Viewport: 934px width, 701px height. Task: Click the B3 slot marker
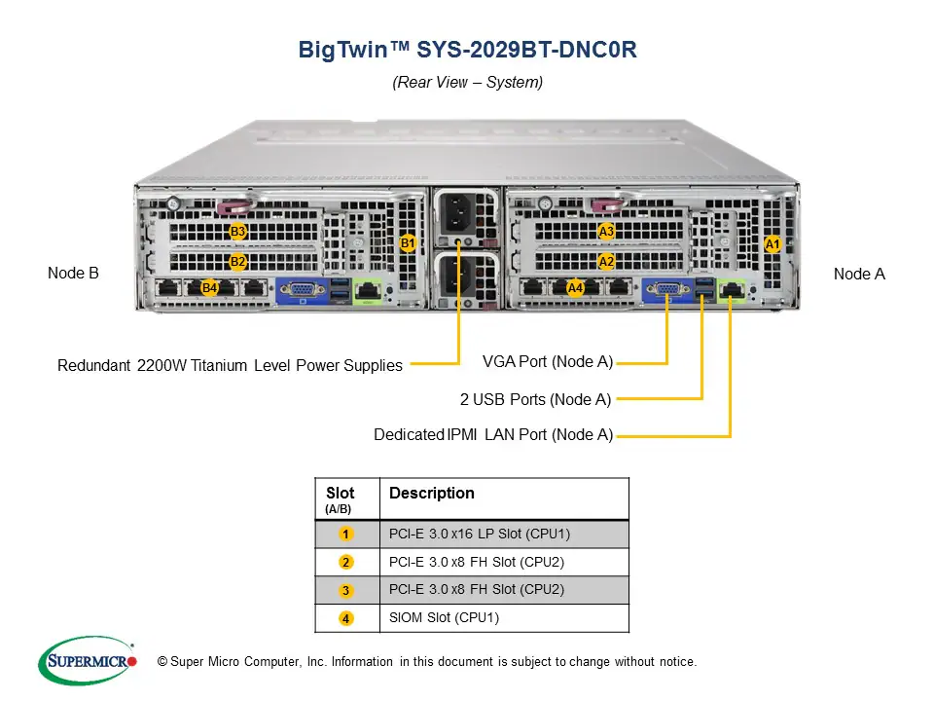coord(237,231)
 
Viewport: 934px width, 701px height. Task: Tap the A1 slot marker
coord(772,243)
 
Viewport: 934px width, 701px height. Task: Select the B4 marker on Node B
coord(209,287)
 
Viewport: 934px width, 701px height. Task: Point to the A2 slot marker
coord(606,261)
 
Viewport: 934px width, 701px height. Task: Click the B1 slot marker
coord(408,242)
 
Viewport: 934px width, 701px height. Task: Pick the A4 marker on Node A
coord(575,287)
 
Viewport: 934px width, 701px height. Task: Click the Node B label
coord(73,274)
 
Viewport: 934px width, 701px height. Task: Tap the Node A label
coord(859,274)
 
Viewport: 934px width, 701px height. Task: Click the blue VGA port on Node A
coord(666,288)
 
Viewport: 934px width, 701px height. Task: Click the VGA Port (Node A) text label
coord(548,362)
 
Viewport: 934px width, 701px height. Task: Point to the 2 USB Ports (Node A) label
coord(536,398)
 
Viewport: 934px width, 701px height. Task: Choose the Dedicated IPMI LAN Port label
coord(493,434)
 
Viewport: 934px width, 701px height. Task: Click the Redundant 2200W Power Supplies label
coord(230,365)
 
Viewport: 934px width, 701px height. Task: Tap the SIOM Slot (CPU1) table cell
coord(445,617)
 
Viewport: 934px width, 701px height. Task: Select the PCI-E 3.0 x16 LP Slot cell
coord(479,534)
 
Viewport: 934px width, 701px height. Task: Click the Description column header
coord(431,493)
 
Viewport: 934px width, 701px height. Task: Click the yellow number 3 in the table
coord(345,590)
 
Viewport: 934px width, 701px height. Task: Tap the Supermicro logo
coord(88,661)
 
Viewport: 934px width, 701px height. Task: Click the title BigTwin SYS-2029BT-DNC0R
coord(467,51)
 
